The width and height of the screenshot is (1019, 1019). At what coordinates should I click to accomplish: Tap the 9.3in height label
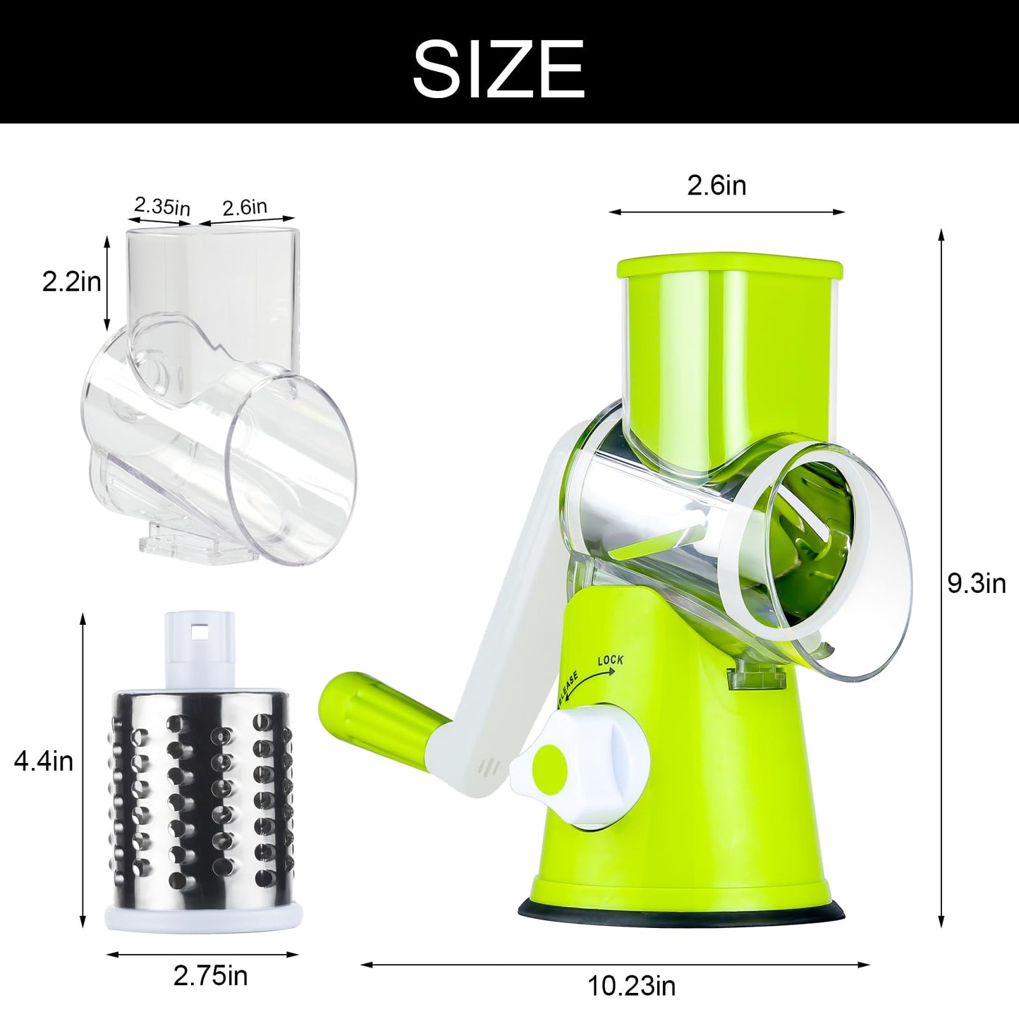pyautogui.click(x=976, y=585)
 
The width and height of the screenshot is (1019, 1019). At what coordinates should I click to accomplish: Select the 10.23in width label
pyautogui.click(x=631, y=986)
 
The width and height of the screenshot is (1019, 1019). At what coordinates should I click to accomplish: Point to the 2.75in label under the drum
pyautogui.click(x=210, y=976)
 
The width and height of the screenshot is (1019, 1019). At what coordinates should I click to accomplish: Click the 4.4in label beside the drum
pyautogui.click(x=43, y=762)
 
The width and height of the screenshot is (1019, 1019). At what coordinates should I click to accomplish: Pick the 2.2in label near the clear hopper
pyautogui.click(x=71, y=281)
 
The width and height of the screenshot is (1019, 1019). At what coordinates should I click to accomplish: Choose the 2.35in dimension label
pyautogui.click(x=161, y=206)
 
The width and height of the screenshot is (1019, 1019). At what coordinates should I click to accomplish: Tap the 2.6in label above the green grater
pyautogui.click(x=716, y=186)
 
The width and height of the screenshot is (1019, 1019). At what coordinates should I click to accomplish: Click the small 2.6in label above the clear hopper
pyautogui.click(x=245, y=207)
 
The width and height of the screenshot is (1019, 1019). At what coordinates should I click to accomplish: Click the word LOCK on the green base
pyautogui.click(x=610, y=661)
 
